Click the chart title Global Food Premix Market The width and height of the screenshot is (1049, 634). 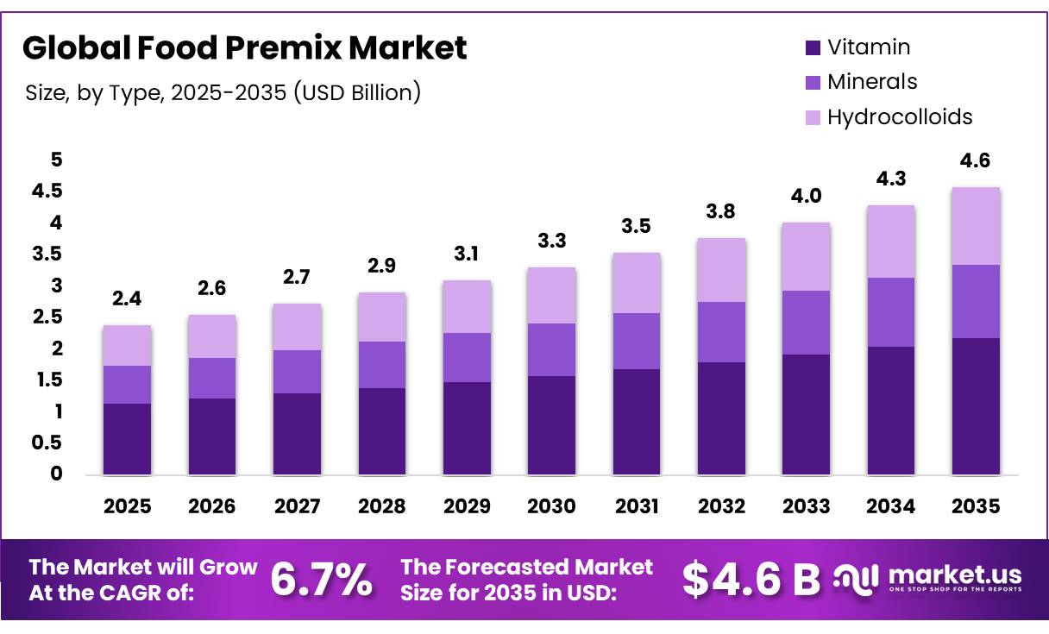(x=244, y=48)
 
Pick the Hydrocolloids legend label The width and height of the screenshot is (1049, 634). (x=899, y=116)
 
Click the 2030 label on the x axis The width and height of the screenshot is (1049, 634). (x=551, y=506)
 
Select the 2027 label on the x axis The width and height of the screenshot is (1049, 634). (x=297, y=506)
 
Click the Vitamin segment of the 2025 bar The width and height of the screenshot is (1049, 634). (x=127, y=439)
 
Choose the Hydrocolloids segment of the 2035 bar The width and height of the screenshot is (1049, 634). (x=976, y=226)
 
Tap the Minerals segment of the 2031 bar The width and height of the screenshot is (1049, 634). (x=636, y=341)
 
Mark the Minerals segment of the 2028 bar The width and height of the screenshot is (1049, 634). (x=381, y=365)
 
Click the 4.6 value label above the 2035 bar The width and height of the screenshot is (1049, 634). (x=976, y=160)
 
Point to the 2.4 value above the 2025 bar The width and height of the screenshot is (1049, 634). (x=127, y=299)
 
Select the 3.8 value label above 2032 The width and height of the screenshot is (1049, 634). (x=721, y=211)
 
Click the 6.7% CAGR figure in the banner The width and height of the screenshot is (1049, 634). (x=322, y=580)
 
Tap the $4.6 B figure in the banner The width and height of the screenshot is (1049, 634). (x=751, y=580)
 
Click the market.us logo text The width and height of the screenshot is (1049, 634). (x=953, y=575)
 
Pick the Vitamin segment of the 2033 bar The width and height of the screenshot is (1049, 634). (x=806, y=414)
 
